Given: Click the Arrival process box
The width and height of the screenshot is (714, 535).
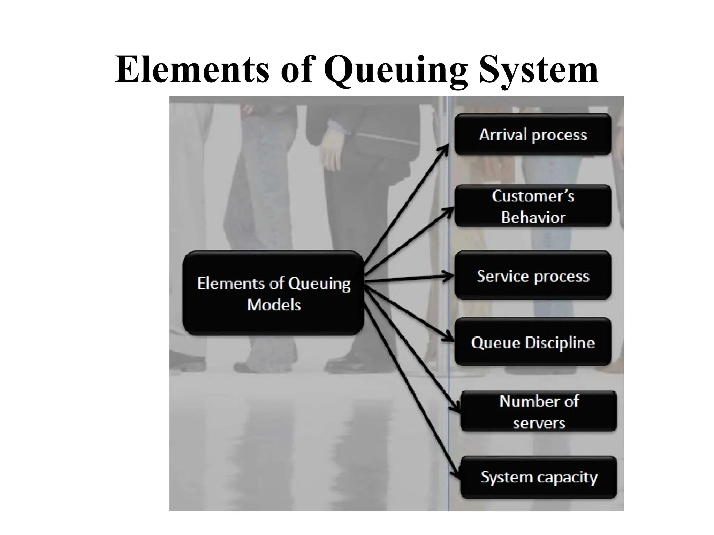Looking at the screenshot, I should pos(533,134).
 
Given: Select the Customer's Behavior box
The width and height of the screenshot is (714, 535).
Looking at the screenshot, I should pos(533,206).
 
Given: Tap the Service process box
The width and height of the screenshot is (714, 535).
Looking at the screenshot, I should pos(533,276).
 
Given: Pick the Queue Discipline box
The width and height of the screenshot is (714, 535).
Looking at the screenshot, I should pos(533,342).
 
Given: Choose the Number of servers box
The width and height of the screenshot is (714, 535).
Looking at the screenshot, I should pos(539,412).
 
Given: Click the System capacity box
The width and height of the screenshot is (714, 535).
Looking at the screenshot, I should pos(539,477).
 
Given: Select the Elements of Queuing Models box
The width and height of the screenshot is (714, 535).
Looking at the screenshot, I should pos(274,293).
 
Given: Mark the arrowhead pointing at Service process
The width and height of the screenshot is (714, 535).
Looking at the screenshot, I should pos(450,277).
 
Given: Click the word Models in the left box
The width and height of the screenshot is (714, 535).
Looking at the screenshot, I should pos(274,305).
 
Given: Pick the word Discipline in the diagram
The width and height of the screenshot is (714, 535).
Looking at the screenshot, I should pos(560,343).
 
